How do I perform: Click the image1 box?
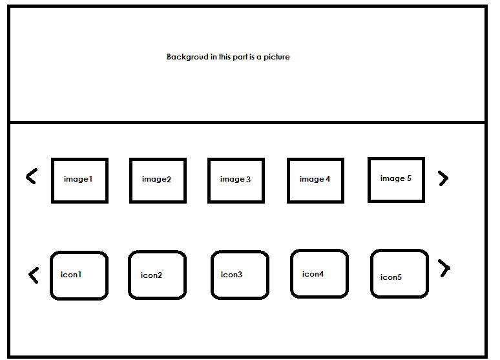[x=79, y=180]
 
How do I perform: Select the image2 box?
[x=158, y=180]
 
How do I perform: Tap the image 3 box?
[x=236, y=180]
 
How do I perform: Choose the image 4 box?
[x=315, y=180]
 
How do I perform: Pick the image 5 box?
[x=396, y=180]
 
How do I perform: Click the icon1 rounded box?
[x=79, y=275]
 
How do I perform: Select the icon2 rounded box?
[x=157, y=275]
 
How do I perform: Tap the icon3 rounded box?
[x=240, y=275]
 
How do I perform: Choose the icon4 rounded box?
[x=319, y=274]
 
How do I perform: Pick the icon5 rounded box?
[x=399, y=274]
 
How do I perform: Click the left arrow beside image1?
[x=31, y=176]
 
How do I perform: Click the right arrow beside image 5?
[x=443, y=178]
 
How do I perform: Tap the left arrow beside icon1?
[x=34, y=275]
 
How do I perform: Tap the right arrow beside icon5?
[x=444, y=268]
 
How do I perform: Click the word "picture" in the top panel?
[x=276, y=57]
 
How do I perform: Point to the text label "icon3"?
[x=231, y=275]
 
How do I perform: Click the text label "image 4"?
[x=315, y=179]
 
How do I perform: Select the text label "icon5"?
[x=391, y=277]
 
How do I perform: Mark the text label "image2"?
[x=156, y=179]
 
